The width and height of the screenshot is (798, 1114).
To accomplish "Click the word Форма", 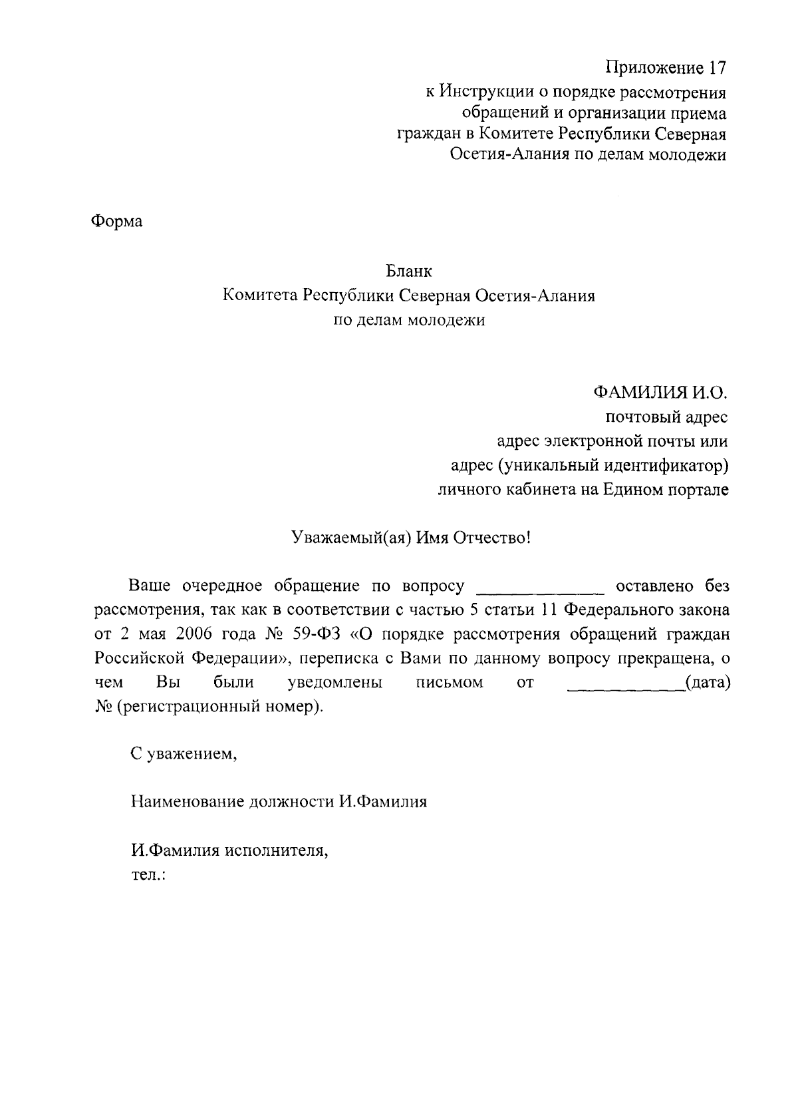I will pyautogui.click(x=116, y=222).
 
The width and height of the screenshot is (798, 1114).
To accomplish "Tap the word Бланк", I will pyautogui.click(x=408, y=272).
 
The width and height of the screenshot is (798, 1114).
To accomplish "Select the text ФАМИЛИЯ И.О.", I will pyautogui.click(x=661, y=392).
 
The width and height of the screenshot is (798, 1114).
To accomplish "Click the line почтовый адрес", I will pyautogui.click(x=666, y=417).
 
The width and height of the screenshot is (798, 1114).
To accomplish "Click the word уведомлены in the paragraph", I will pyautogui.click(x=334, y=683).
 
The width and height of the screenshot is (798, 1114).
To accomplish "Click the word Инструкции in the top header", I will pyautogui.click(x=485, y=92).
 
